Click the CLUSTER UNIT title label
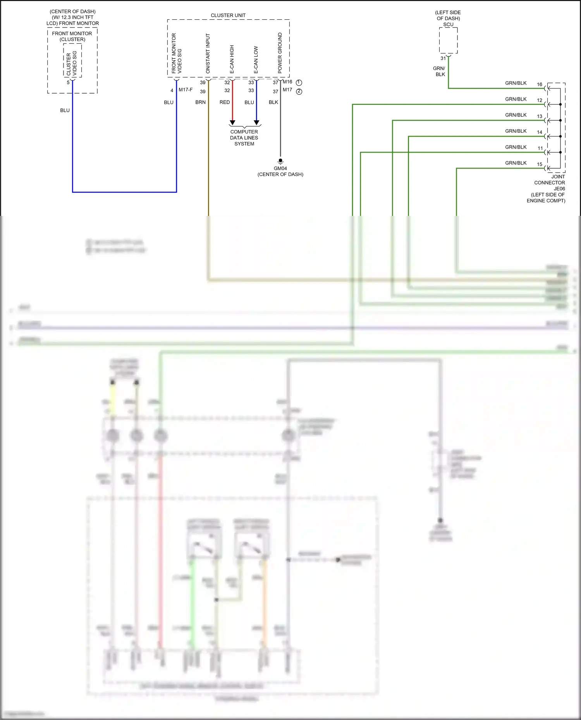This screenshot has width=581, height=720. coord(228,15)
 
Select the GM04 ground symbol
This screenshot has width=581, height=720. coord(280,161)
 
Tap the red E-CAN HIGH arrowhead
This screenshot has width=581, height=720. coord(232,123)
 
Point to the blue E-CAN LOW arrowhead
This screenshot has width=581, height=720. coord(256,123)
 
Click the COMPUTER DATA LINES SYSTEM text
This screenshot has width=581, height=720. coord(244,138)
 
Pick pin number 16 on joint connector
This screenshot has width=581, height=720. coord(540,84)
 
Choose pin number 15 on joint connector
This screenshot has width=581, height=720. coord(540,164)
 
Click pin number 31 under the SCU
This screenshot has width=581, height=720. coord(443,58)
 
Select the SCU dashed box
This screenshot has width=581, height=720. coord(448,40)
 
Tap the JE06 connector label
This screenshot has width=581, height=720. coord(559,188)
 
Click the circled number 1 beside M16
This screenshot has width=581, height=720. coord(299,83)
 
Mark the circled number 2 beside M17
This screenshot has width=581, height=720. coord(299,92)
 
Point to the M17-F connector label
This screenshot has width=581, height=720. coord(186,90)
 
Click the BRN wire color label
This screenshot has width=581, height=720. coord(200,102)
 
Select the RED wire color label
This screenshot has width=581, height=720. coord(225,102)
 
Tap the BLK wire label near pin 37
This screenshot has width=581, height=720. coord(273,102)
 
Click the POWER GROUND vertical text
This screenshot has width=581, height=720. coord(280,53)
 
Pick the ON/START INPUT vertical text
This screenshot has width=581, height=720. coord(208,53)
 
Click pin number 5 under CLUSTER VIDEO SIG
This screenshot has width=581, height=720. coord(68,82)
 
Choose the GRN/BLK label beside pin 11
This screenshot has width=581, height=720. coord(516,147)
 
